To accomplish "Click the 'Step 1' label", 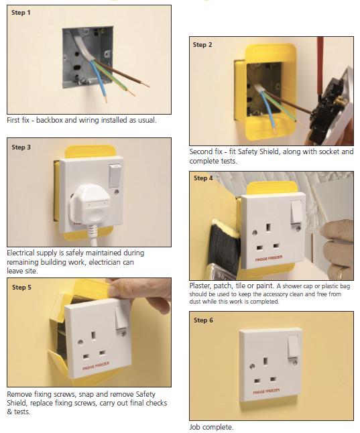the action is pos(21,13).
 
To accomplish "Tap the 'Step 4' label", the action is pos(203,178).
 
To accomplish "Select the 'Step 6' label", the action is pos(203,320).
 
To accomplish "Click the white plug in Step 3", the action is pos(90,204).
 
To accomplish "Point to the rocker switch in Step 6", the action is pos(293,347).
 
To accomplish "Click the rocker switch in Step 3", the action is pos(115,176).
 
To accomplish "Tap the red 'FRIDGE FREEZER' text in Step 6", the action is pos(266,391).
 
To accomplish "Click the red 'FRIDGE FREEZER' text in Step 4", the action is pos(269,258).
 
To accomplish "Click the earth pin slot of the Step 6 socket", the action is pos(265,361).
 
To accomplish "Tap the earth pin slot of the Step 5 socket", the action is pos(93,336).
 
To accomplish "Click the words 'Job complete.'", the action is pos(211,427).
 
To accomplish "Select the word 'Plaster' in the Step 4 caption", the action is pos(200,286).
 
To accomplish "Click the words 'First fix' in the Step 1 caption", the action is pos(18,120).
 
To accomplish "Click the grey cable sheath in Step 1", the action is pos(83,47).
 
